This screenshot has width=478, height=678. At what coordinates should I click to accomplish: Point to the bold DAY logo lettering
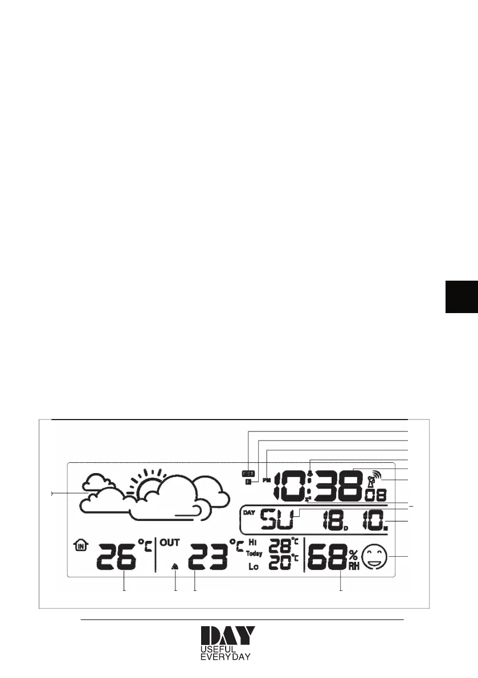click(x=227, y=636)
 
